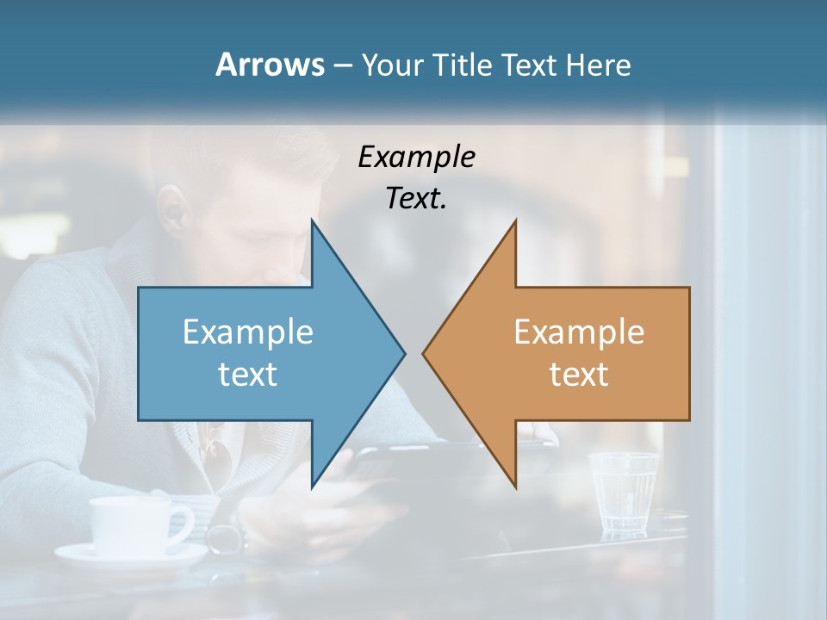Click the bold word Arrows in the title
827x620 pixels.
270,65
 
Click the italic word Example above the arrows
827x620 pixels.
416,157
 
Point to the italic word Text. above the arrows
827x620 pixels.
416,198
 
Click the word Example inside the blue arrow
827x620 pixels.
247,332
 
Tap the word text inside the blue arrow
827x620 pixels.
247,374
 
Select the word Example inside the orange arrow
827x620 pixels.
579,332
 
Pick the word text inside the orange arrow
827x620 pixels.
579,374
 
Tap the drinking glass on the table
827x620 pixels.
623,493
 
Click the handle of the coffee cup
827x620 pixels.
183,524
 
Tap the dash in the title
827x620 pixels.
342,65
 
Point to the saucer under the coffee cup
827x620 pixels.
129,557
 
